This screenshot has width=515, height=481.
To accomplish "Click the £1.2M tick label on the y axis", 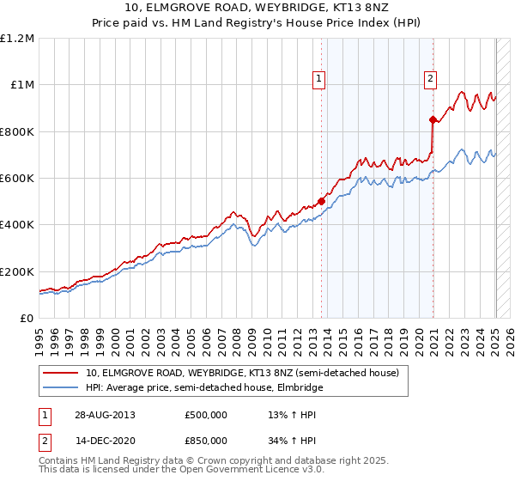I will coord(17,39).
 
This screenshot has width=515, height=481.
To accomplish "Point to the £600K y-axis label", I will coord(17,179).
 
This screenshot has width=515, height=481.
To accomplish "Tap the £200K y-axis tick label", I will coord(17,271).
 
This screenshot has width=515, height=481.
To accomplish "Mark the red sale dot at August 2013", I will coord(321,202).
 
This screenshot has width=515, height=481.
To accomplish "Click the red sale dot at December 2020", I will coord(432,119).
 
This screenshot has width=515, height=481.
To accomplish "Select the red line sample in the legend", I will coord(62,374).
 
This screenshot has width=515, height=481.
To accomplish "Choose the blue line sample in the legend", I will coord(62,388).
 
